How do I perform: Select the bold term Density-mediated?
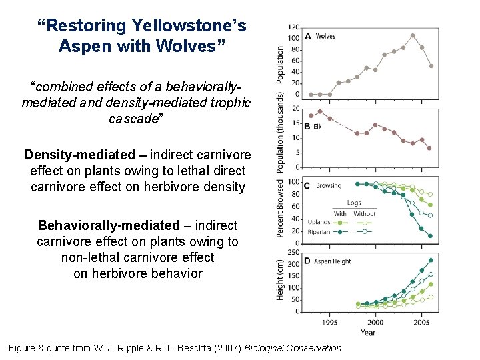coord(79,155)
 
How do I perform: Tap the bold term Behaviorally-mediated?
coord(109,225)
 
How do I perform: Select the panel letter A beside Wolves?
coord(308,36)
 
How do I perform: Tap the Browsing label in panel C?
coord(328,185)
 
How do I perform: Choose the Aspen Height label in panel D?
coord(333,261)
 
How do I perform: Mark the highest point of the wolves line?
coord(413,35)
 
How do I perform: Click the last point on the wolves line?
coord(431,66)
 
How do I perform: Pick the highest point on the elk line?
coord(320,111)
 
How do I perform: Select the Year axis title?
coord(367,332)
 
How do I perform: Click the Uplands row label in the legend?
coord(319,222)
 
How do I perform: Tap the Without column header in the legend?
coord(364,213)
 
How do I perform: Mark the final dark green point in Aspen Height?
coord(431,260)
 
